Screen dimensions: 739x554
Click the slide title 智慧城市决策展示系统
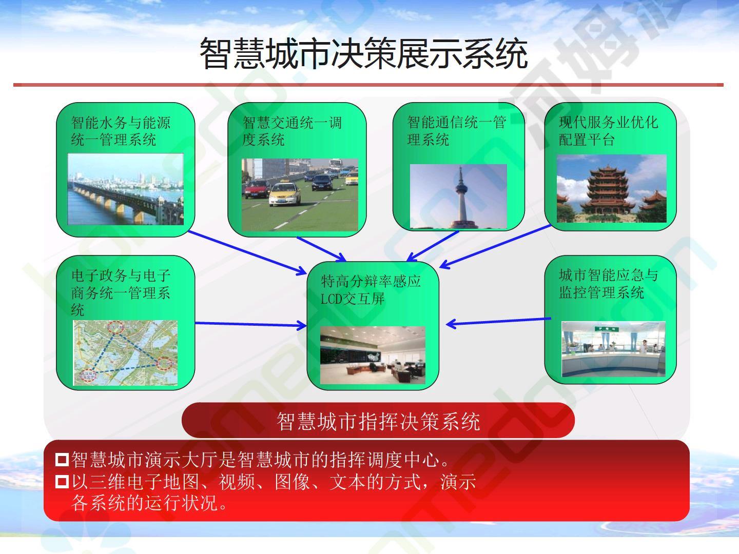click(x=364, y=53)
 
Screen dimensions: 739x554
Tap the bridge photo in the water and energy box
click(x=126, y=189)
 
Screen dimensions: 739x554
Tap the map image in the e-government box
click(x=125, y=353)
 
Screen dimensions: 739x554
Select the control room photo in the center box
click(x=373, y=355)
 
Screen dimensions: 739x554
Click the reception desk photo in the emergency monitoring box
click(x=613, y=349)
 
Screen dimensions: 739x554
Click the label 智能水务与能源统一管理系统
click(x=121, y=131)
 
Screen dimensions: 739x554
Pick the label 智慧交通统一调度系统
click(x=292, y=131)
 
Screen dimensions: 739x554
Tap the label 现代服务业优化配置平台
click(x=608, y=131)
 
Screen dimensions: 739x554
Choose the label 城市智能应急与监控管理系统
click(x=608, y=284)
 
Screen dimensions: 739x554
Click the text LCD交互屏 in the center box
click(x=352, y=299)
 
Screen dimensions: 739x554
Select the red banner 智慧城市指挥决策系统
click(x=378, y=421)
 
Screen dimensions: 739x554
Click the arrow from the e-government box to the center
click(x=251, y=324)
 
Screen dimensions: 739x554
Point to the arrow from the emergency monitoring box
click(x=498, y=321)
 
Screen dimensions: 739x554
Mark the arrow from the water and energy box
click(x=247, y=253)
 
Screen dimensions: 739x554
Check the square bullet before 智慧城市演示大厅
click(x=62, y=459)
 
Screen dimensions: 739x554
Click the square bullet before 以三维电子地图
click(x=62, y=482)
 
